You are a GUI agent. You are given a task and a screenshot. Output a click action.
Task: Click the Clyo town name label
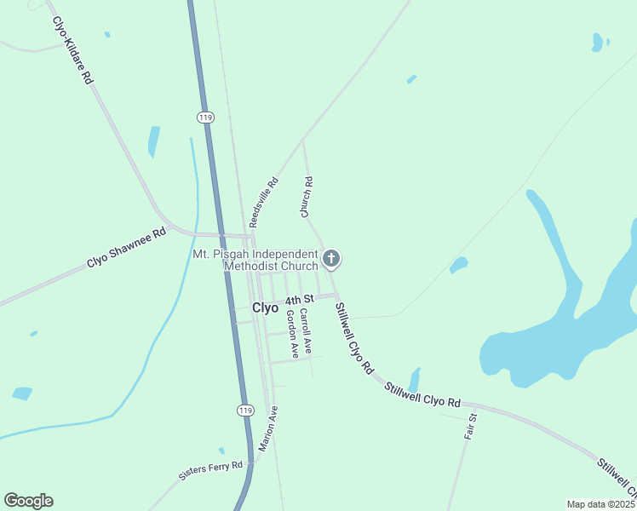coord(266,308)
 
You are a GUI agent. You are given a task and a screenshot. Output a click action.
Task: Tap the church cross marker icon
coord(331,258)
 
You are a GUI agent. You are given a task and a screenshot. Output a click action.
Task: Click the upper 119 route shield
coord(204,117)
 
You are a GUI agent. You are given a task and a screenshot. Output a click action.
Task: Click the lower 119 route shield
coord(245,411)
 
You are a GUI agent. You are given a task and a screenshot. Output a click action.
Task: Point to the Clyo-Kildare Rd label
coord(72,50)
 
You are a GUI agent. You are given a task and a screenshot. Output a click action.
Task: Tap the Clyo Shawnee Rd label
coord(126,249)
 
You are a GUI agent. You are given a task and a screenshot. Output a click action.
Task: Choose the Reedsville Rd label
coord(264,202)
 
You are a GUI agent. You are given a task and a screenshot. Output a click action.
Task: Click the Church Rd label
coord(307,198)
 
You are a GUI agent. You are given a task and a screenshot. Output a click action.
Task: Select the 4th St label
coord(300,300)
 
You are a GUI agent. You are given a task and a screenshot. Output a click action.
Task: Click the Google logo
coord(28,501)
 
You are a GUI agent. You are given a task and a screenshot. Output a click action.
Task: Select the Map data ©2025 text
coord(600,504)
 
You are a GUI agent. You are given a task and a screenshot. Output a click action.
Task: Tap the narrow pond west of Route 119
coord(153,141)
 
